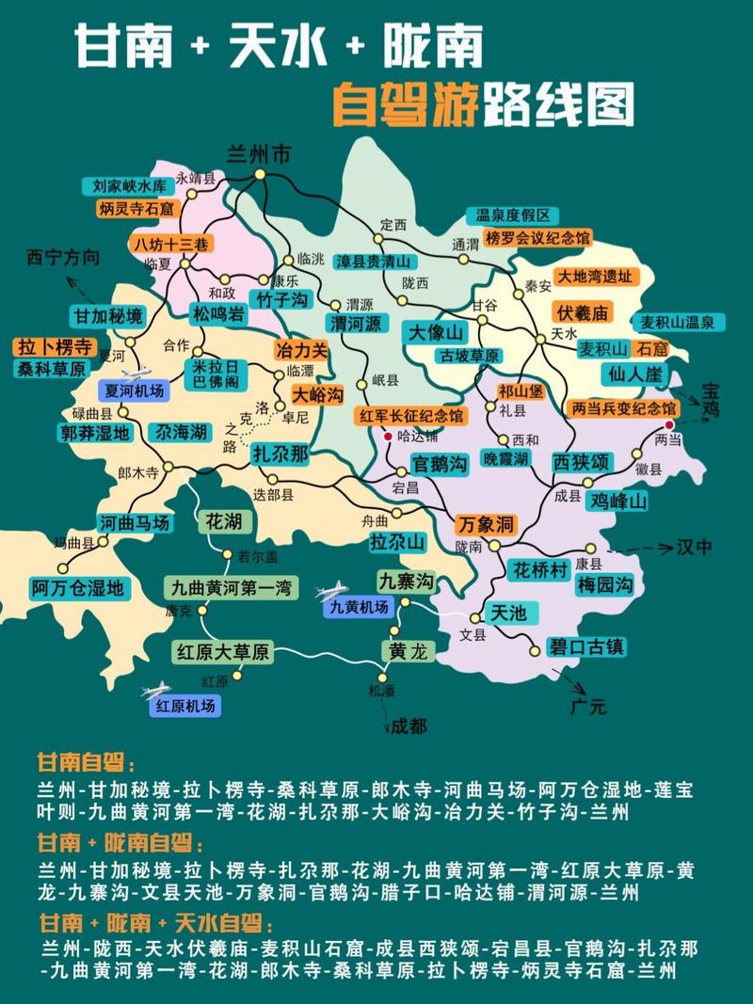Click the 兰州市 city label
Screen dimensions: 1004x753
259,156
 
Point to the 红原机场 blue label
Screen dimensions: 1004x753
185,706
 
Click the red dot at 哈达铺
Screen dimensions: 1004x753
388,436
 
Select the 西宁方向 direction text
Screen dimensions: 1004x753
62,257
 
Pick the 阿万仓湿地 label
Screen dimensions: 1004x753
76,589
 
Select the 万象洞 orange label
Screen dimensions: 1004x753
485,522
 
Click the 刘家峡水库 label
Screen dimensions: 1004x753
128,185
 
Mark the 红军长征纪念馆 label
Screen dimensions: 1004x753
409,415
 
